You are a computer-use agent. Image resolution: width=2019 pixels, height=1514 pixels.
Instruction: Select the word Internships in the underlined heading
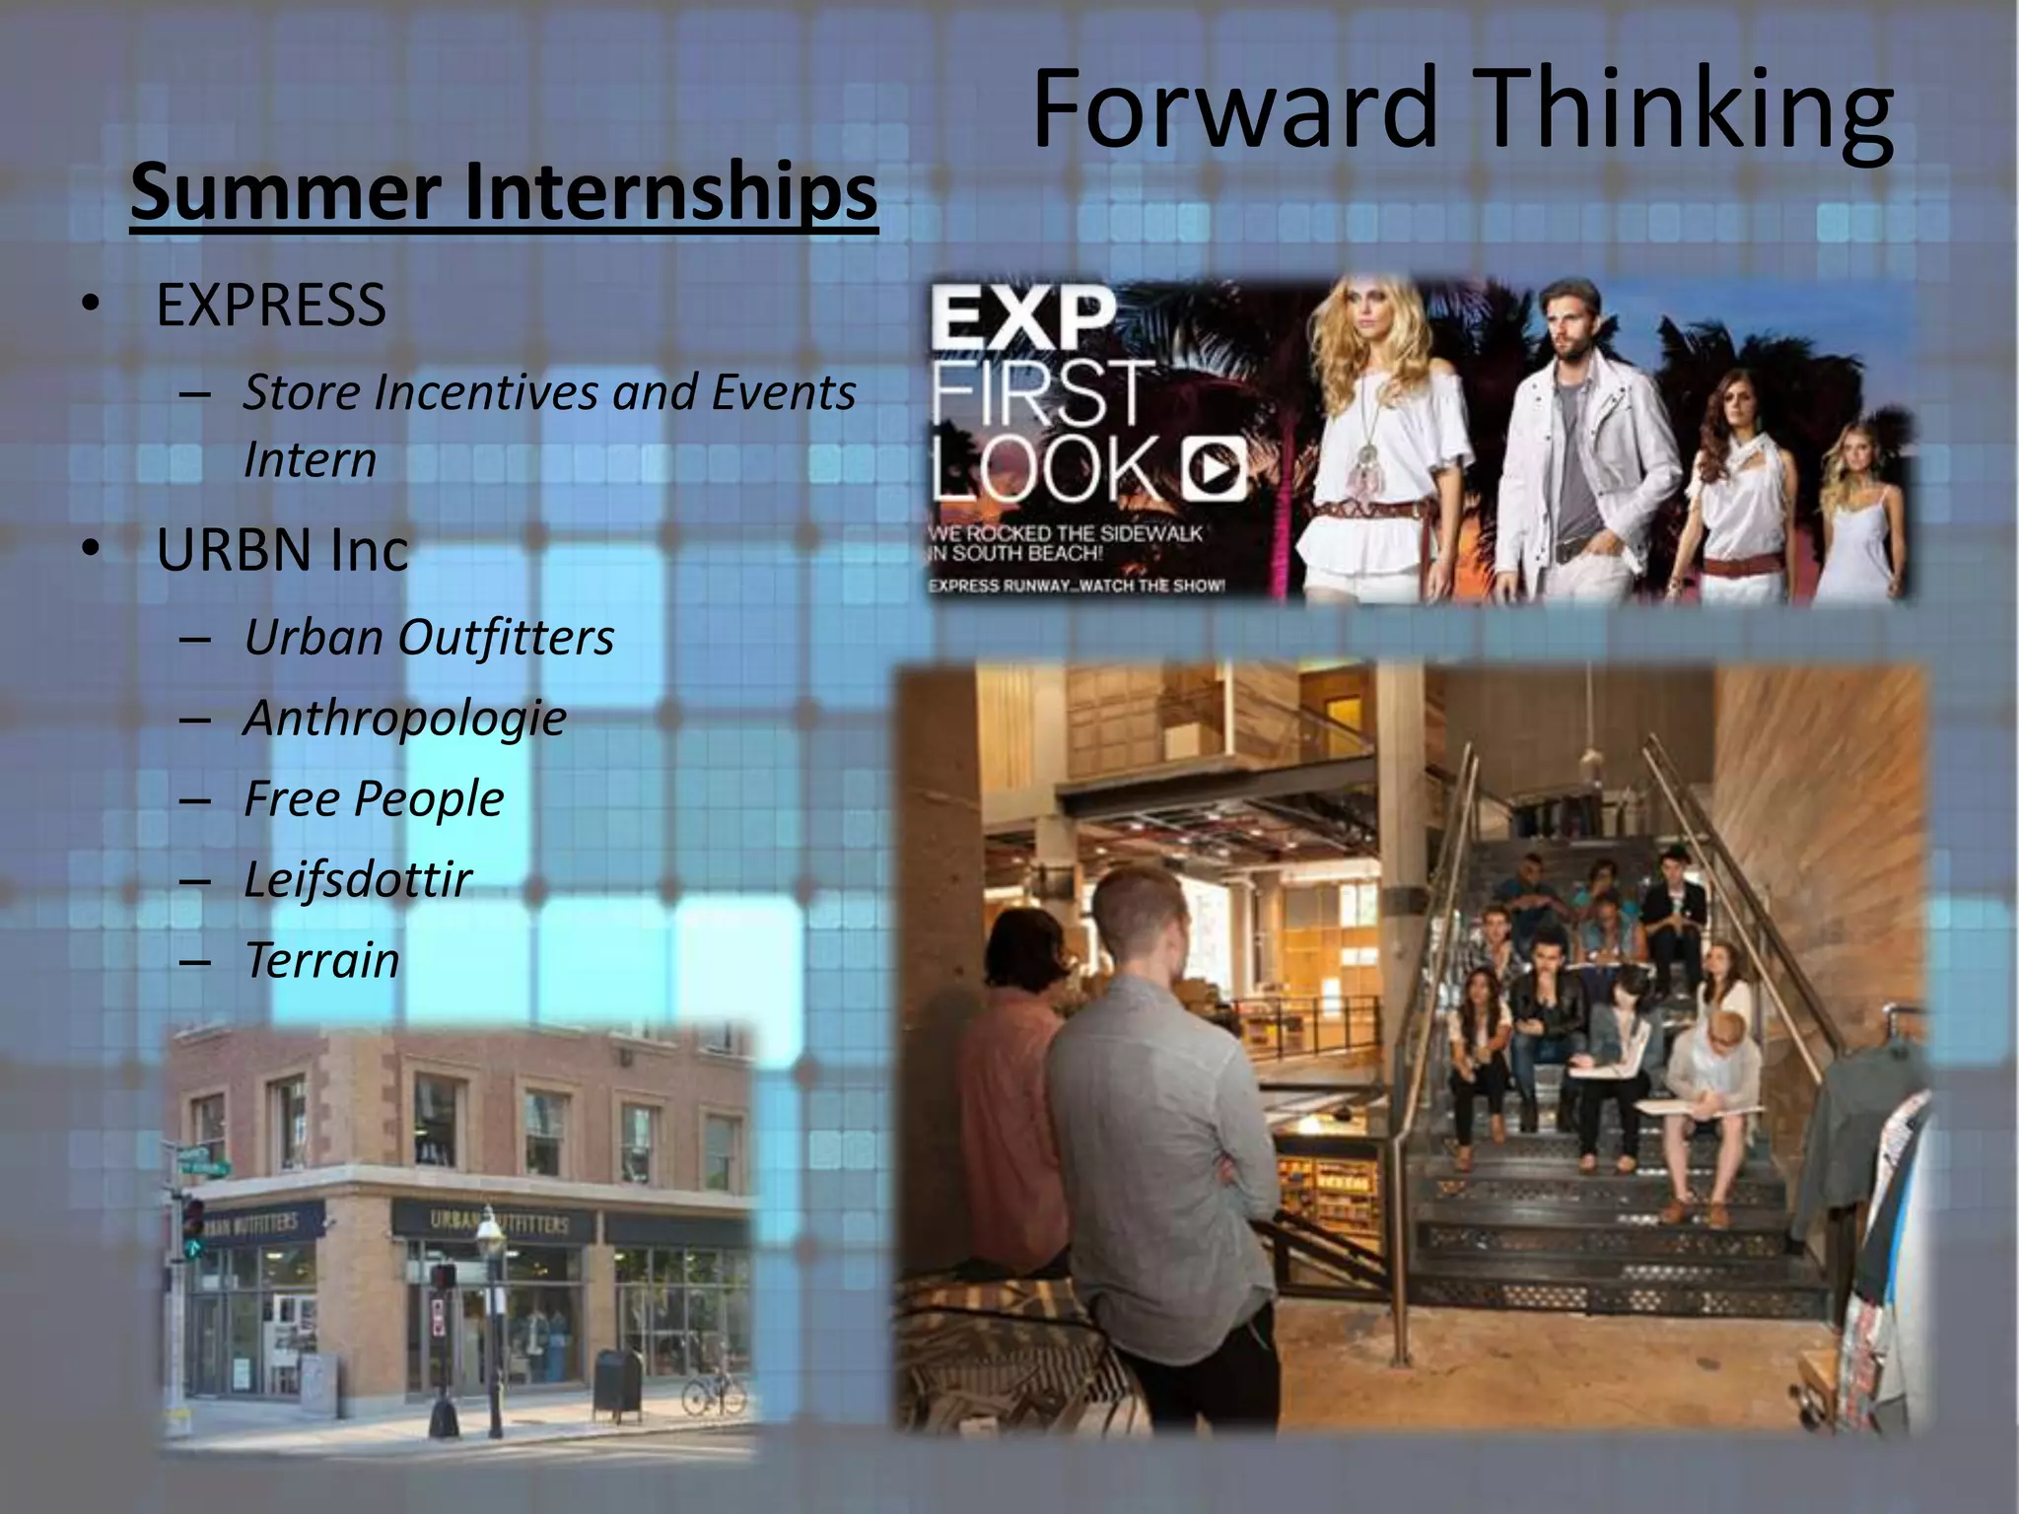[x=669, y=191]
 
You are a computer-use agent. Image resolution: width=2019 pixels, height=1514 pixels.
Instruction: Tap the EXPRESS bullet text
[x=271, y=305]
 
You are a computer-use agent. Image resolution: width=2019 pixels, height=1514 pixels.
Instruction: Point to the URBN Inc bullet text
[x=282, y=550]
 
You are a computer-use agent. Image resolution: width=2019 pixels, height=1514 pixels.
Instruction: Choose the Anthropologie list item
[x=405, y=718]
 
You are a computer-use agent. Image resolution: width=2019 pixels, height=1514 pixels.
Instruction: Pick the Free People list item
[x=374, y=798]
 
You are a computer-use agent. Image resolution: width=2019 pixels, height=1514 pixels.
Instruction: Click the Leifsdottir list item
[x=358, y=879]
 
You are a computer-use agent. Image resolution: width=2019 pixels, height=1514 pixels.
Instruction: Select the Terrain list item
[x=322, y=960]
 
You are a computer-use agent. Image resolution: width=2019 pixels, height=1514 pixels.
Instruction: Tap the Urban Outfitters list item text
[x=429, y=637]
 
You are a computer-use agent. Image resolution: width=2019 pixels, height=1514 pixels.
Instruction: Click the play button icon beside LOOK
[x=1214, y=468]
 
